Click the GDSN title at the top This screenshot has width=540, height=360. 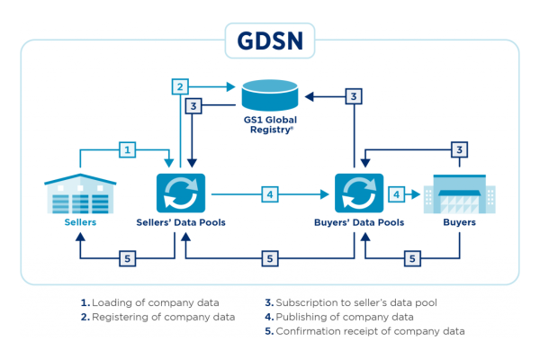click(x=270, y=40)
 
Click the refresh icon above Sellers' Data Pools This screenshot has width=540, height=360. click(x=180, y=193)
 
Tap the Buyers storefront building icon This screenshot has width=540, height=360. click(x=459, y=191)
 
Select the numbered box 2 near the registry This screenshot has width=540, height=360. click(x=181, y=87)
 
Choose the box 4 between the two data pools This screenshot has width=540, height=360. click(x=268, y=193)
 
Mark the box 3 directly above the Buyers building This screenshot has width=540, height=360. click(x=459, y=149)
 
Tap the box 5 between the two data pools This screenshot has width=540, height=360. click(x=268, y=259)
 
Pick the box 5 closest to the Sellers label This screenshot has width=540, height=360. click(x=130, y=259)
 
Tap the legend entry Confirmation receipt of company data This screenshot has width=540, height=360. click(x=364, y=331)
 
